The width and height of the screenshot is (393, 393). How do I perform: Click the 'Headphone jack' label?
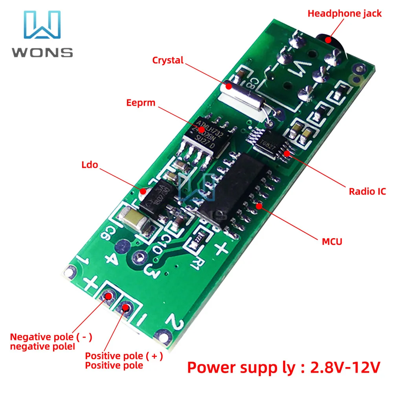tap(344, 14)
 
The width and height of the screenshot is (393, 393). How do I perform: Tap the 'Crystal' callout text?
tap(168, 61)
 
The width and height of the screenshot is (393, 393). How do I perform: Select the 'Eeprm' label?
tap(141, 103)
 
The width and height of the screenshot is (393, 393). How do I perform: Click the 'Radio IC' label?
tap(367, 191)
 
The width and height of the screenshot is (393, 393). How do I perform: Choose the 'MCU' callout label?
tap(332, 241)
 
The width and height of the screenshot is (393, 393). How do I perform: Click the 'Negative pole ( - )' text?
tap(51, 337)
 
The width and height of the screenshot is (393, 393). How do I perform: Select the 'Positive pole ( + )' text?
tap(124, 356)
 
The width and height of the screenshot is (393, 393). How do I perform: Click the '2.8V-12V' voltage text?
tap(345, 367)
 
